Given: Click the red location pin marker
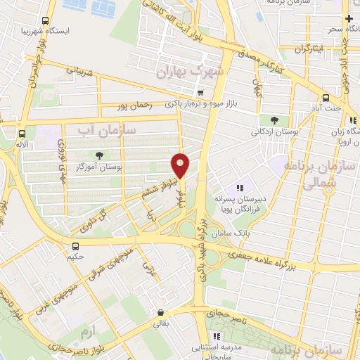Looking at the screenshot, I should pos(181,166).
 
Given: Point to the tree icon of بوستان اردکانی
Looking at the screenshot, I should pos(264,120).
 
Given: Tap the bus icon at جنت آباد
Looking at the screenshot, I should pos(326,98).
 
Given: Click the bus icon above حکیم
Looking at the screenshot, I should pos(75,245).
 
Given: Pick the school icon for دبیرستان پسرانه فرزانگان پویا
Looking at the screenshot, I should pos(240,188).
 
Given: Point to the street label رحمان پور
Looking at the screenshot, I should pos(136,106).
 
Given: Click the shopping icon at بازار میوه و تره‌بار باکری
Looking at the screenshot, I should pos(200,92).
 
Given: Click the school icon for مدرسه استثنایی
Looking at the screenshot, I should pos(217,337).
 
